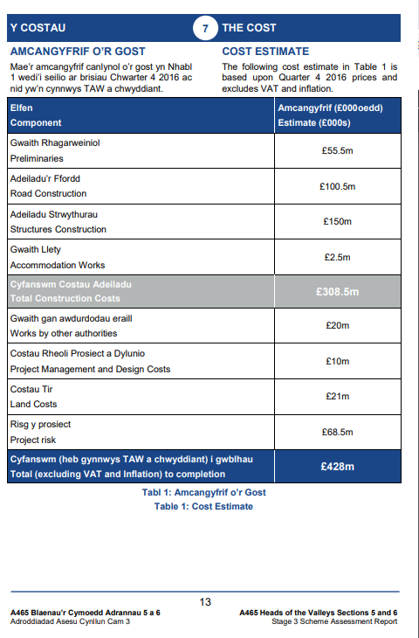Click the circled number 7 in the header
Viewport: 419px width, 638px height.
click(204, 29)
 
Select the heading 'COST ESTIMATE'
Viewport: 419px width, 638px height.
click(265, 52)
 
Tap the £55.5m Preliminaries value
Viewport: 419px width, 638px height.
click(337, 150)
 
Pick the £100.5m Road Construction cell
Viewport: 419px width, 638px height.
click(337, 186)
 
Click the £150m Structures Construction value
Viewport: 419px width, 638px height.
click(337, 222)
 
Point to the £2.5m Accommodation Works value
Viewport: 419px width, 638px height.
click(337, 257)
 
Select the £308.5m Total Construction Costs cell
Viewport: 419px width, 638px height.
click(337, 292)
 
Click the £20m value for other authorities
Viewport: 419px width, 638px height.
click(337, 326)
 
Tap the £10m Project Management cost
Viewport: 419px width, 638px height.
click(337, 361)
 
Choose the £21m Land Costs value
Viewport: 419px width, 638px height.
click(337, 397)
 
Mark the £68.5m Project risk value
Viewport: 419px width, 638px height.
click(337, 432)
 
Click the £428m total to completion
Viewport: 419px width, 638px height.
click(337, 467)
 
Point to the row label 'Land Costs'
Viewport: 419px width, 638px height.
click(35, 404)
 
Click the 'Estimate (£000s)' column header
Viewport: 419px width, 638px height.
click(314, 123)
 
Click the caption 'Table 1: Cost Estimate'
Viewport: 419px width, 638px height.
click(203, 506)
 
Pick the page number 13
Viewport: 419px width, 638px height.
click(205, 601)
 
